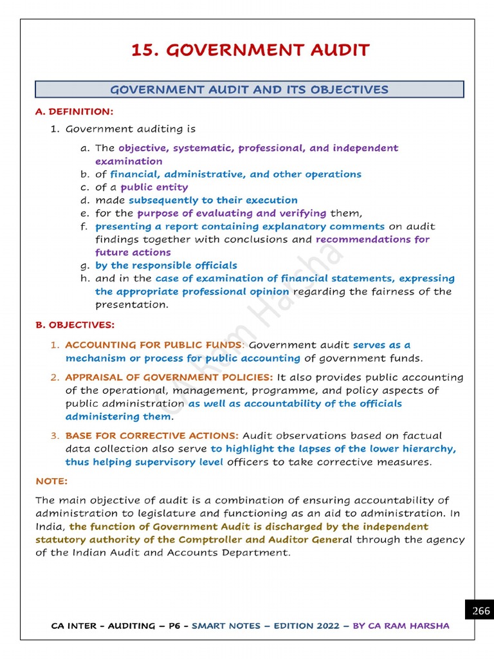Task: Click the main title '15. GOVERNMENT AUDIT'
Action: pyautogui.click(x=250, y=50)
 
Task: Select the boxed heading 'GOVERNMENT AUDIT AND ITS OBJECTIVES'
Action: pyautogui.click(x=249, y=89)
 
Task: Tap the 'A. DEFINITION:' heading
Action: pyautogui.click(x=74, y=112)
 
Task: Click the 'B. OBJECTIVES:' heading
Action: pyautogui.click(x=75, y=325)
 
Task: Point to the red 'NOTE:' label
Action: pyautogui.click(x=51, y=481)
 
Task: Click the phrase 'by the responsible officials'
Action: pyautogui.click(x=166, y=265)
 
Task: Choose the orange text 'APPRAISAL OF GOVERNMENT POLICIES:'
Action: pyautogui.click(x=169, y=377)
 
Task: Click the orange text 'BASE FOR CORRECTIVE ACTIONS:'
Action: pyautogui.click(x=152, y=436)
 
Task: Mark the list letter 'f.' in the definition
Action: pyautogui.click(x=84, y=227)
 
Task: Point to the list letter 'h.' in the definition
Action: pyautogui.click(x=84, y=279)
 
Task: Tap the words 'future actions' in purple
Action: pyautogui.click(x=133, y=252)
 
